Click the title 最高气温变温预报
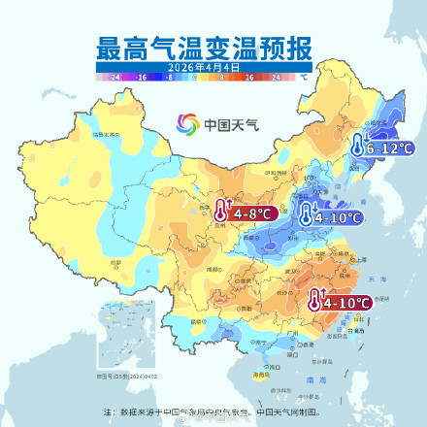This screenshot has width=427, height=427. [204, 48]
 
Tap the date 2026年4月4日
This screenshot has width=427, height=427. [204, 67]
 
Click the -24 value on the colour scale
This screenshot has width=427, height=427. [115, 76]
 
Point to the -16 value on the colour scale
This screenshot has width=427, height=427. [141, 76]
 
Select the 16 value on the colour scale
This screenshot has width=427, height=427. [249, 76]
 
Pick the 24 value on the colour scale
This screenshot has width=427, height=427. [276, 76]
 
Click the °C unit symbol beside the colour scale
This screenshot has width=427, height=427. [304, 76]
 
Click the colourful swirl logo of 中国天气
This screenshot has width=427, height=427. [187, 124]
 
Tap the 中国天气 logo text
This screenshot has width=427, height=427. [225, 124]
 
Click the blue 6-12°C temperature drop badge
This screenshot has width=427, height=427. [382, 148]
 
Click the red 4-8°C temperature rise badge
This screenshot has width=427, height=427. [246, 209]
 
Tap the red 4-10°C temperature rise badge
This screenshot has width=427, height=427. [340, 302]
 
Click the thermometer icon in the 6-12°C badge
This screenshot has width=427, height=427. [358, 148]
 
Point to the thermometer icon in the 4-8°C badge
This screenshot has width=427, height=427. [222, 209]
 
